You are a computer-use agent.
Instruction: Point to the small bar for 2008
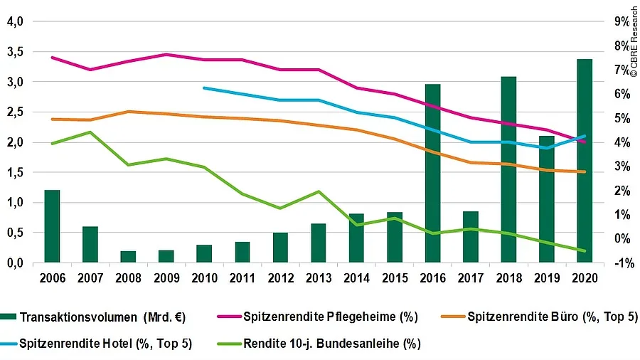129,257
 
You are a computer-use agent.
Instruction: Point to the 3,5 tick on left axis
16,52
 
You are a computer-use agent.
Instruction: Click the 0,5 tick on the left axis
16,233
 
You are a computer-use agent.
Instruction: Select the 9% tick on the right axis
621,22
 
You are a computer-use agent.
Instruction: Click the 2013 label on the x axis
319,278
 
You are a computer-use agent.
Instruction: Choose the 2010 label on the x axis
205,278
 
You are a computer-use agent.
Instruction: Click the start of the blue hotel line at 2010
205,88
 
